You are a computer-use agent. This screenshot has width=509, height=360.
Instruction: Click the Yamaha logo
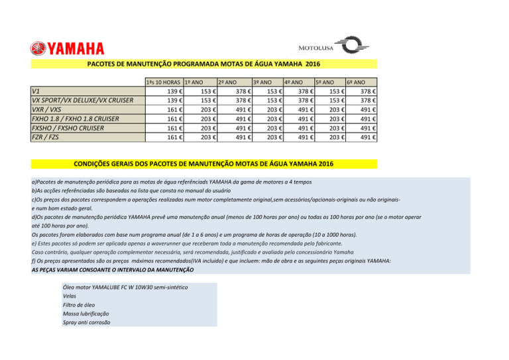[66, 48]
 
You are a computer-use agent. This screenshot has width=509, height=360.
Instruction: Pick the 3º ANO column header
[262, 82]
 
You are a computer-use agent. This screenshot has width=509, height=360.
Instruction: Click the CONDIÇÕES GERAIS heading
[203, 164]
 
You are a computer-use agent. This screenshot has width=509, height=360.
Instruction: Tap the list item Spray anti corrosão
[86, 322]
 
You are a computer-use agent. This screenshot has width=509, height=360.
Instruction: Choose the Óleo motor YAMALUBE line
[125, 287]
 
